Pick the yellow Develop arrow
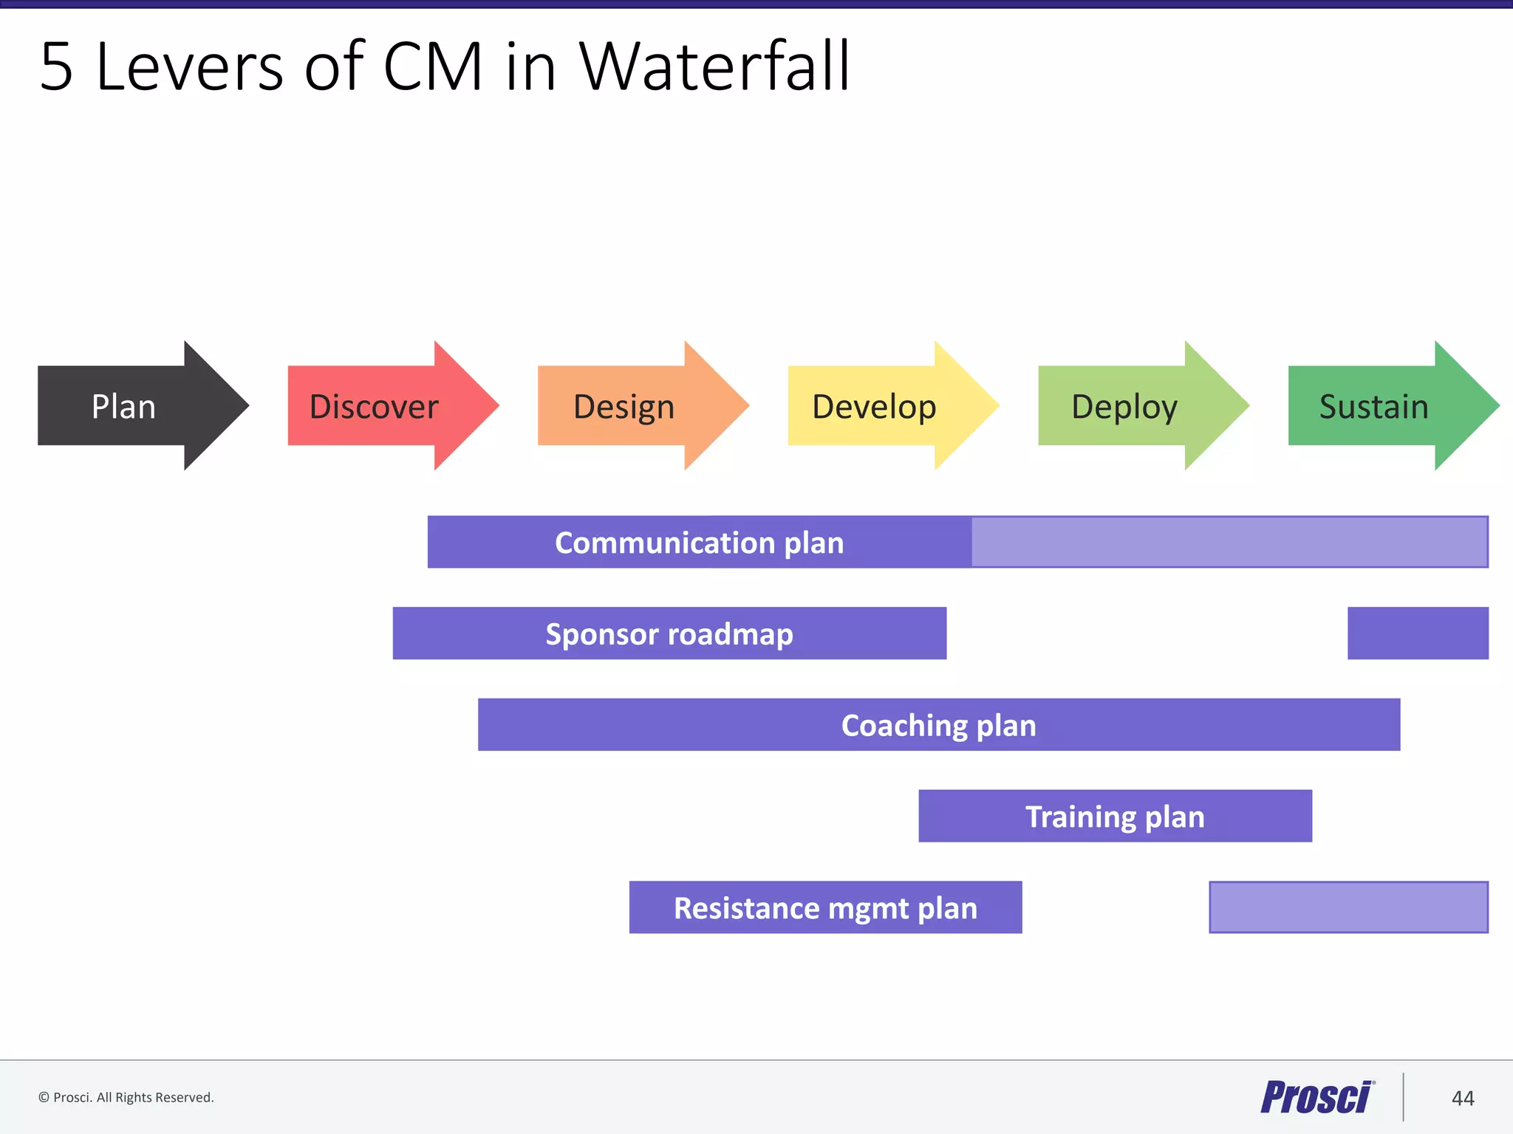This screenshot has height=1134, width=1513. [875, 406]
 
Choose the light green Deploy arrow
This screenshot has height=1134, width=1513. [1126, 406]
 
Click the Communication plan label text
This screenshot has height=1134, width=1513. [699, 543]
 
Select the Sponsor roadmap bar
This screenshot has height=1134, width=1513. [669, 633]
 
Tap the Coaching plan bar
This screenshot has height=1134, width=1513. [938, 725]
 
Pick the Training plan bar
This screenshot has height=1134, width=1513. [1115, 816]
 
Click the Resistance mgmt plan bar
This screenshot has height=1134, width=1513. [825, 907]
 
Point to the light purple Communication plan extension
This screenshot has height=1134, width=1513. [1229, 542]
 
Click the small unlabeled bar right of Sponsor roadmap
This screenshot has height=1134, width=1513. [1418, 633]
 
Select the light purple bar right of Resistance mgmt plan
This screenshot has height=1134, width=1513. [1348, 907]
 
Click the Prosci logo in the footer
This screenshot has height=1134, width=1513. [1316, 1097]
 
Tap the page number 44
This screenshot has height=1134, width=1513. [1463, 1099]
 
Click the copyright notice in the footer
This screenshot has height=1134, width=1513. [126, 1098]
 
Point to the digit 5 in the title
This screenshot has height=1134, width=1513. [57, 68]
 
